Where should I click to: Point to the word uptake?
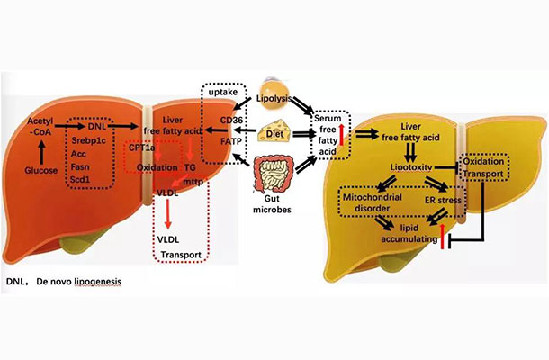tap(222, 94)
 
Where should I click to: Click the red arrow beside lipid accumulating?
tap(443, 238)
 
